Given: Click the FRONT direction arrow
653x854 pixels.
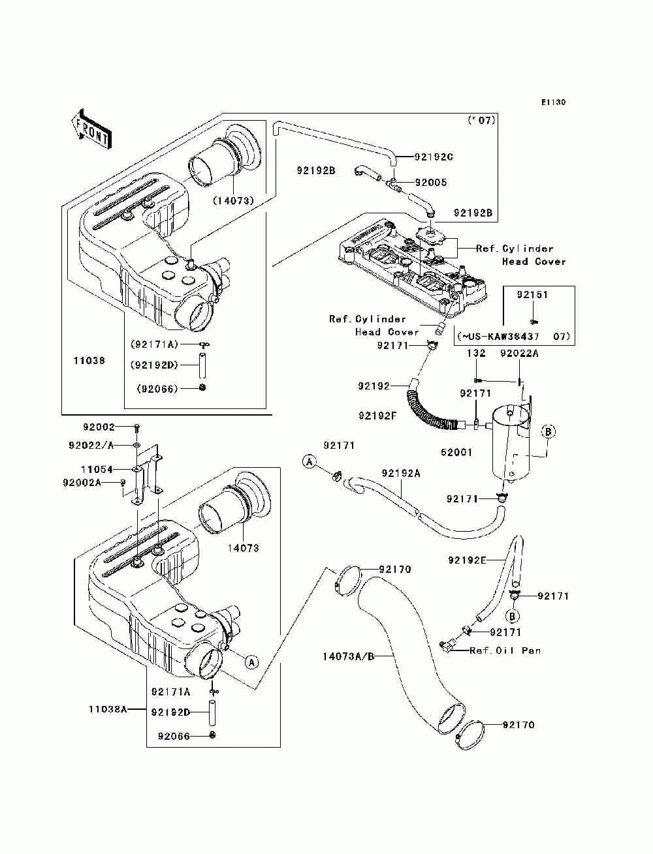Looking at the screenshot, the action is pos(91,130).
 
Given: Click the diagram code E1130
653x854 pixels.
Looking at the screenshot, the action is pos(553,102).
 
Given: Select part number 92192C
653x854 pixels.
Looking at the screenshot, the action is pos(434,157).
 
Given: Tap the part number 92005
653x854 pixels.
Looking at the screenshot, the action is pos(431,183).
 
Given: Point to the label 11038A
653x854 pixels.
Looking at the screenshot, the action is pos(108,709).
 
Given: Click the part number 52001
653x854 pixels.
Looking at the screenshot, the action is pos(456,452).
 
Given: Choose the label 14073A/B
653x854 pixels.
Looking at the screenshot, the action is pos(348,656).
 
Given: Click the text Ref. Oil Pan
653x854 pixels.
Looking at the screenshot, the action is pos(505,650).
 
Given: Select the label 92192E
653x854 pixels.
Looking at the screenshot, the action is pos(467,560).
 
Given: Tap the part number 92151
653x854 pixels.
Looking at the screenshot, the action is pos(532,294).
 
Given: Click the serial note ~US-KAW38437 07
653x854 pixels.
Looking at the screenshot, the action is pos(514,336).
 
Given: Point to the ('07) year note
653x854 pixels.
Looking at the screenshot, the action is pos(481,120).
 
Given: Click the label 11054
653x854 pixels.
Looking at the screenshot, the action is pos(97,469).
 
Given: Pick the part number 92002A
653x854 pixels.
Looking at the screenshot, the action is pos(82,482).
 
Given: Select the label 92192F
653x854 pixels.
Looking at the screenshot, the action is pos(377,416).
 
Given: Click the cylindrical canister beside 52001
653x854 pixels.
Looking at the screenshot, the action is pos(511,444).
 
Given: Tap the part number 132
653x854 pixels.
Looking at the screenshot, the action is pos(476,353).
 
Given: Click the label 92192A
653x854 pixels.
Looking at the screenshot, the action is pos(401,473).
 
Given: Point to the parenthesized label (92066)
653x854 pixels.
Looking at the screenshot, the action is pos(157,388).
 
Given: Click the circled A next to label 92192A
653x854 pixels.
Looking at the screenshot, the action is pos(309,461).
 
